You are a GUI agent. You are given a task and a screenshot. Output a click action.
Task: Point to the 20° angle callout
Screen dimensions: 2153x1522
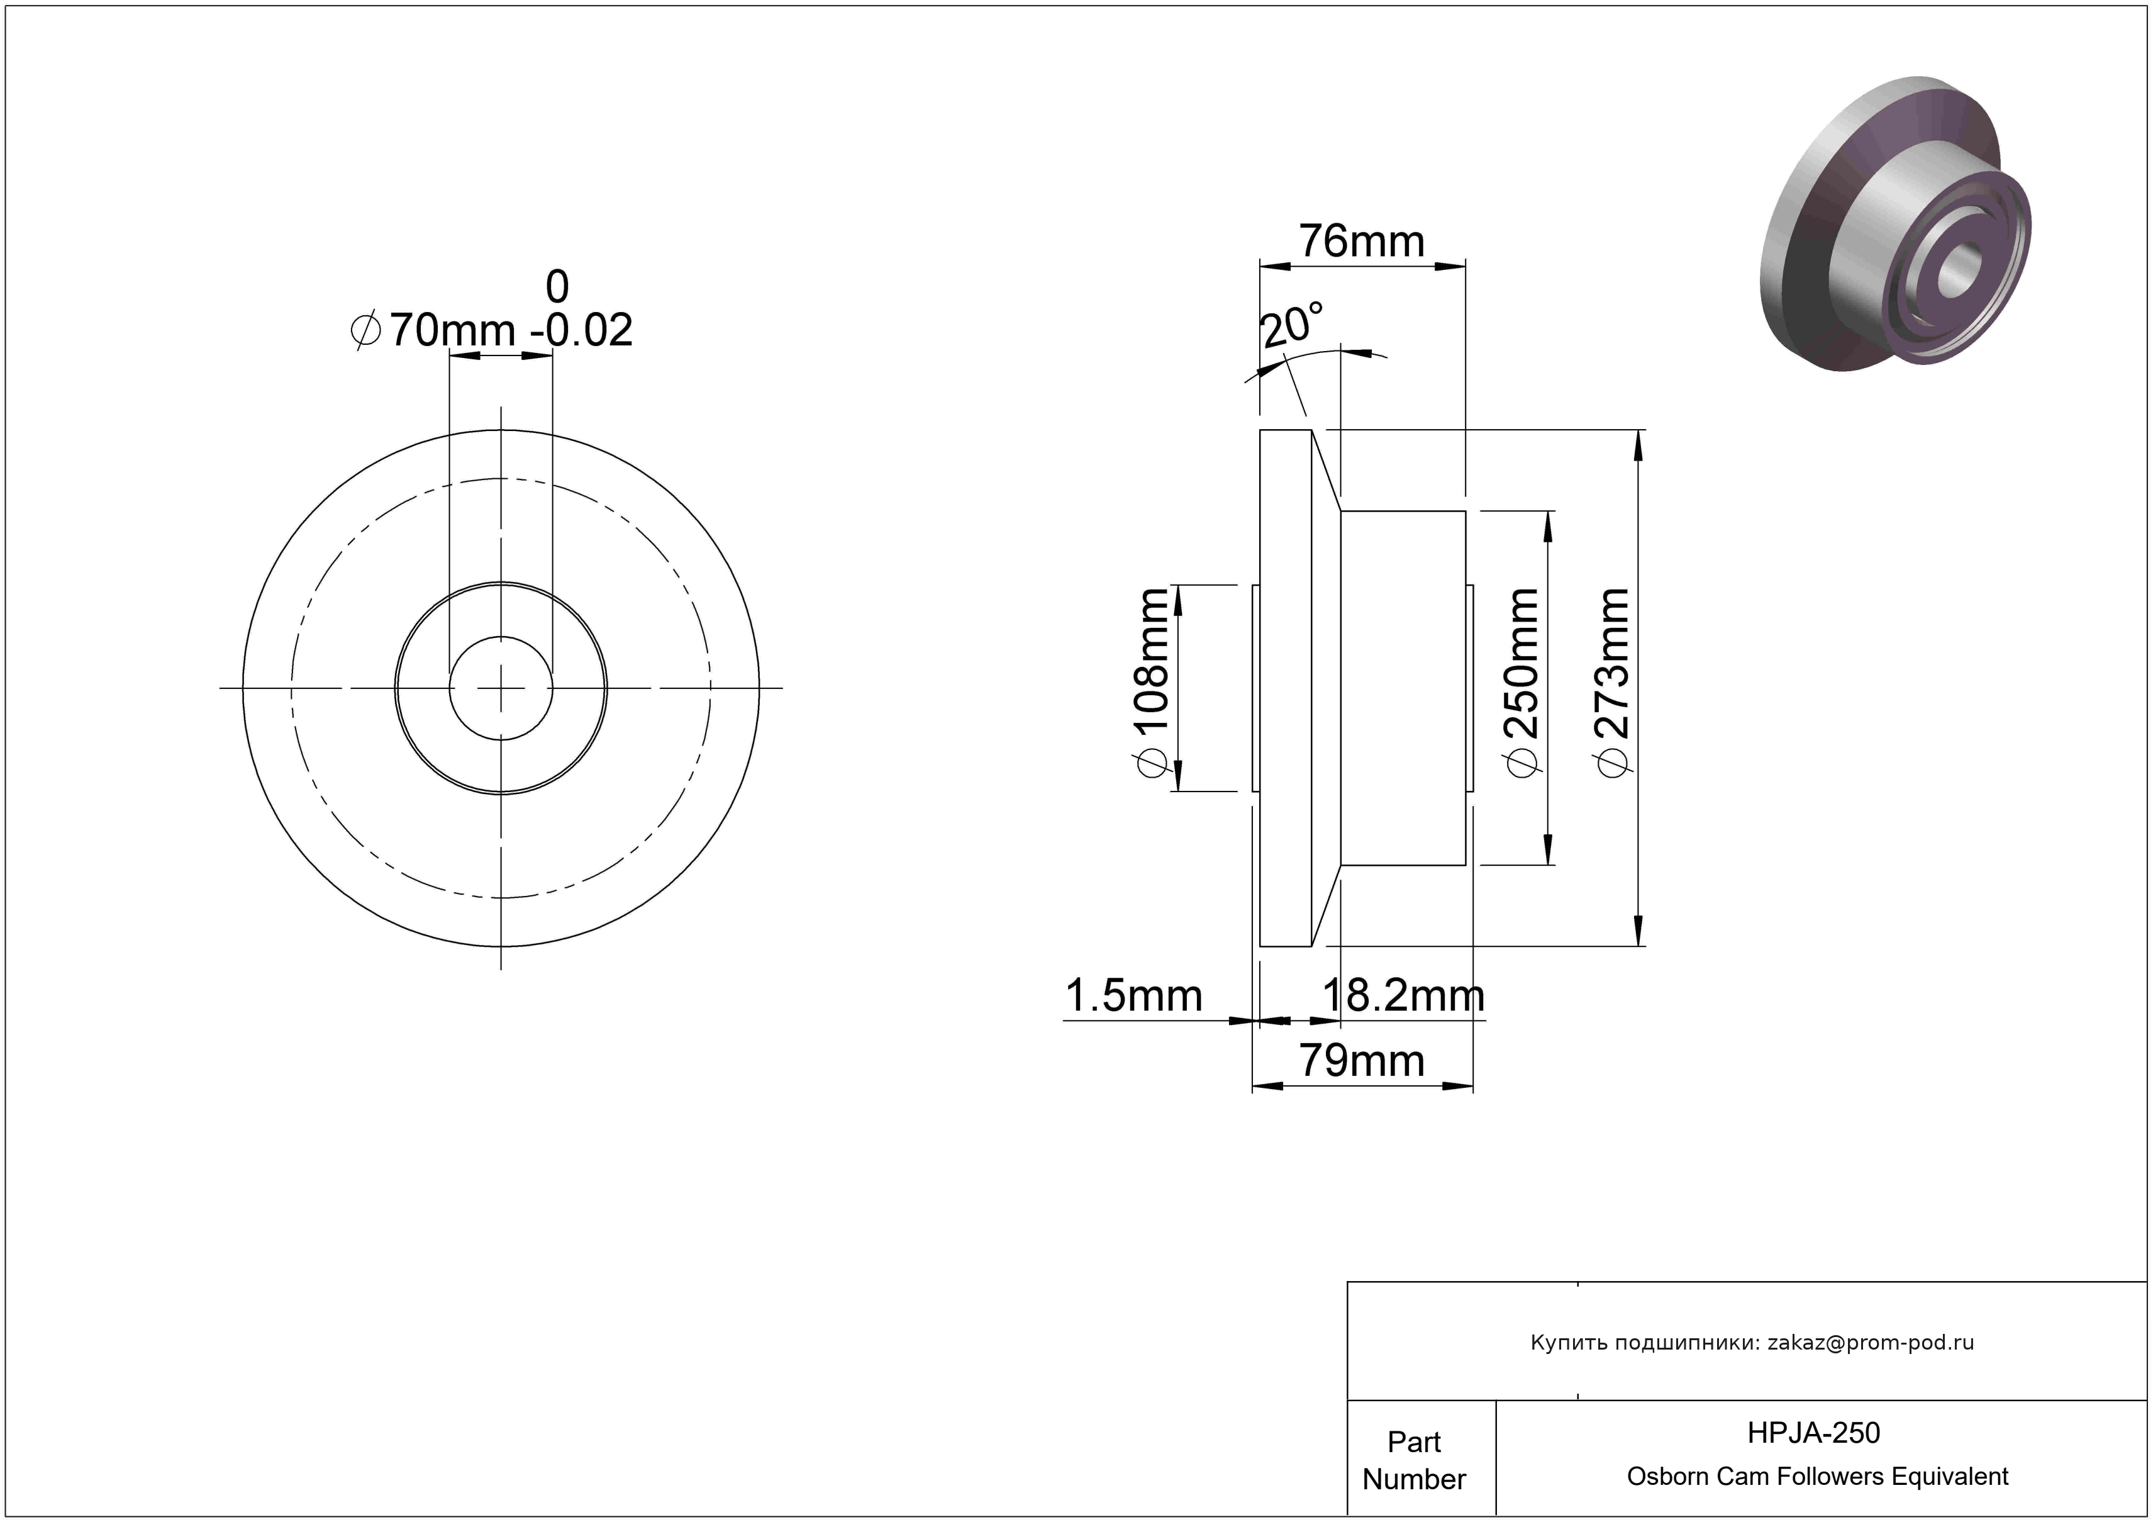1292,325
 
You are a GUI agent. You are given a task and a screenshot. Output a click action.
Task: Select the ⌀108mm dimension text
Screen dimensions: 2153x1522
1152,684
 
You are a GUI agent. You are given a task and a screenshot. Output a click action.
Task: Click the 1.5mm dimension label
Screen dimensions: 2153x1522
1133,996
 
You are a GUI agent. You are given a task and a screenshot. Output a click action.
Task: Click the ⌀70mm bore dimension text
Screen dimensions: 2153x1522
432,330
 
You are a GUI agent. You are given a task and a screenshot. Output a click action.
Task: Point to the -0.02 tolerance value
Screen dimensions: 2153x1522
581,330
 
